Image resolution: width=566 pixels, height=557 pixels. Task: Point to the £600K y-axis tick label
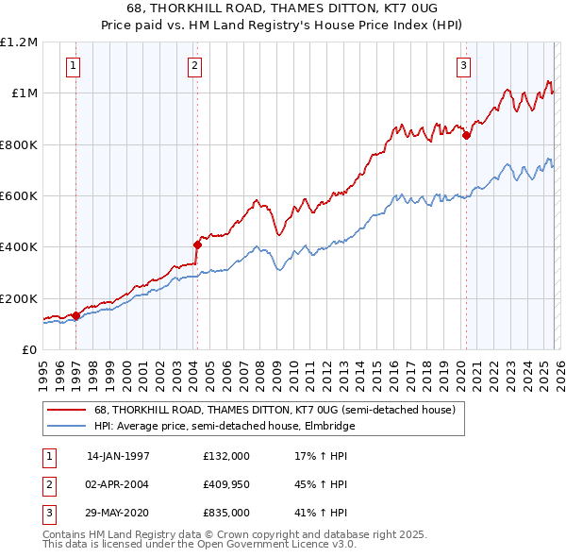(19, 195)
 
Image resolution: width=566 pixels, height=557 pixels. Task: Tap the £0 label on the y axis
(30, 349)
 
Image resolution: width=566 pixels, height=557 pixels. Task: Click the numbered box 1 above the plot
(74, 66)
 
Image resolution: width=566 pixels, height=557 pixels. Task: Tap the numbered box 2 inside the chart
(194, 66)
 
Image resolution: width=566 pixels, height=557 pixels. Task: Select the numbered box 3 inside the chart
(464, 66)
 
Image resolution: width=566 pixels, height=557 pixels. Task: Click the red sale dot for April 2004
(197, 245)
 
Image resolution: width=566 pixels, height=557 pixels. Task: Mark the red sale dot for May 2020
(466, 135)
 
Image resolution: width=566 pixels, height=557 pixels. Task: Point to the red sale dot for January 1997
(75, 315)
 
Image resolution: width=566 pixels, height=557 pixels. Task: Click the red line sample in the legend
(67, 410)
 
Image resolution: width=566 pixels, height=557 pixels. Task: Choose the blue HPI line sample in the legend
(67, 426)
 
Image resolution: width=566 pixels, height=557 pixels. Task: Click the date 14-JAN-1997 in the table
(118, 455)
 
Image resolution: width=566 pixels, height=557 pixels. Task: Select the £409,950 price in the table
(225, 484)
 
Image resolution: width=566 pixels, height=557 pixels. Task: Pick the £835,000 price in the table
(225, 514)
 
